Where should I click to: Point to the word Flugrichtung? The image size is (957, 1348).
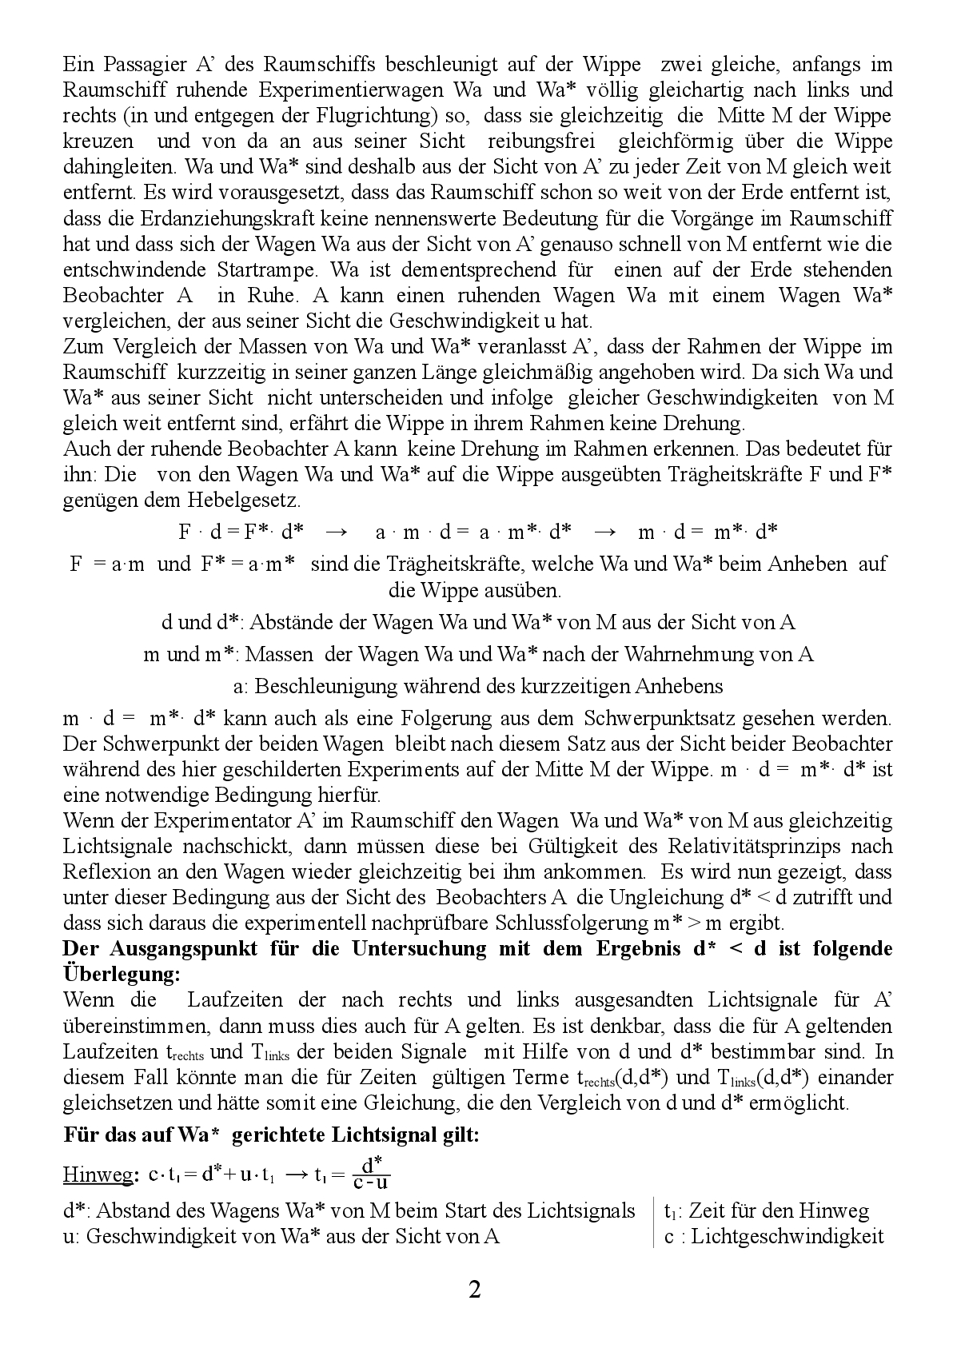point(375,115)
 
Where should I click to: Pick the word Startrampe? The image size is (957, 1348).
point(263,269)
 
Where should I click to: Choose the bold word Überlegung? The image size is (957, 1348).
point(120,975)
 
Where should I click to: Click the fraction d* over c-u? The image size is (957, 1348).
point(371,1173)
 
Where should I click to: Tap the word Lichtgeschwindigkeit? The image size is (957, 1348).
point(787,1236)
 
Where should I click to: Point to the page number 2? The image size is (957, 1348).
point(474,1290)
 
